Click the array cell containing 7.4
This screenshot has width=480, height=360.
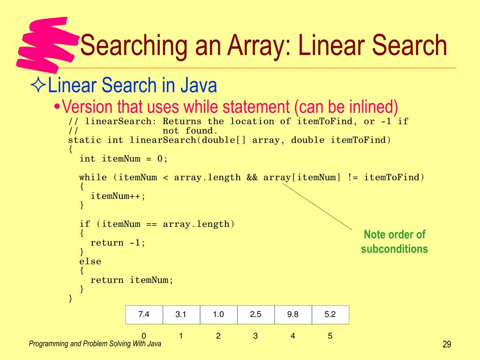click(144, 315)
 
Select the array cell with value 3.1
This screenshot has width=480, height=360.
click(181, 315)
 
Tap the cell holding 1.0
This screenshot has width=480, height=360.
click(218, 315)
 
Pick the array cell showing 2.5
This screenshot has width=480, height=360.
click(255, 315)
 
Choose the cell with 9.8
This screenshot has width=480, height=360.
click(293, 315)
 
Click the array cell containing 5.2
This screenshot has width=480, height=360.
click(330, 315)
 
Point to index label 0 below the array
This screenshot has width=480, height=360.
click(144, 336)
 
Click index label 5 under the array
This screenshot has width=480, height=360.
click(330, 336)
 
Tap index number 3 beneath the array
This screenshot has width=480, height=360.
click(255, 336)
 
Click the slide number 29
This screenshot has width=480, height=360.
click(446, 345)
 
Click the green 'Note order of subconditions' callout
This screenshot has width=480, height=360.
click(394, 241)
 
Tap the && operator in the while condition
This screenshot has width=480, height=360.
click(252, 177)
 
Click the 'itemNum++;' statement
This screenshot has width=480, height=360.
click(118, 196)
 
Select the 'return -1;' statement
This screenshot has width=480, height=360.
click(118, 243)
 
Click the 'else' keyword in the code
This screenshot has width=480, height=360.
click(90, 262)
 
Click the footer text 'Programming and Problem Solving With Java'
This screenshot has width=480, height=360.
click(95, 344)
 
